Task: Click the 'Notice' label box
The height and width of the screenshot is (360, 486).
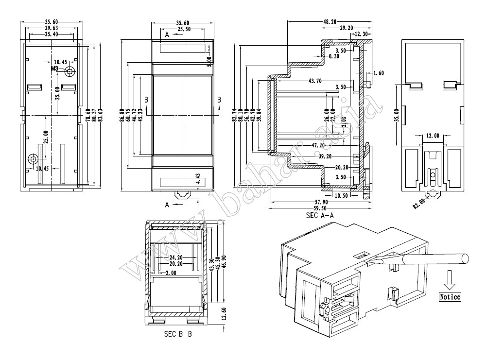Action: click(450, 297)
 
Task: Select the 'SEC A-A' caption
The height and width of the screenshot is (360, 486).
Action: click(319, 215)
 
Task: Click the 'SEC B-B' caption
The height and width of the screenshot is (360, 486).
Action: click(177, 335)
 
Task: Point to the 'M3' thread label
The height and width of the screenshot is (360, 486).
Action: click(54, 69)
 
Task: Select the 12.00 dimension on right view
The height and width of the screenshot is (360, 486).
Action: click(433, 136)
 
